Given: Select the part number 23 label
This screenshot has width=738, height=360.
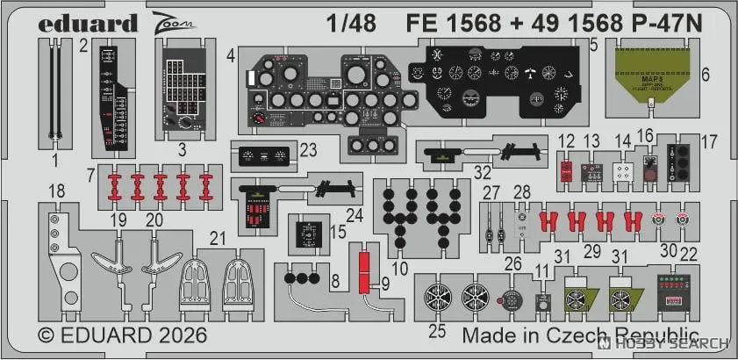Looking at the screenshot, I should coord(308,150).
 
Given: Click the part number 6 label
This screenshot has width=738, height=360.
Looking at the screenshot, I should coord(706,76).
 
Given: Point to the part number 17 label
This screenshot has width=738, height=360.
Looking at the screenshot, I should coord(708,140).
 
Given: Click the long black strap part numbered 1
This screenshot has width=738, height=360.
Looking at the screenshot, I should coord(54,92).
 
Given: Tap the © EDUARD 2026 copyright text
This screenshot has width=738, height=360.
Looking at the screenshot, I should coord(122,336).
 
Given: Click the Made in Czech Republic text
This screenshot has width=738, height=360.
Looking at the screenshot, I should coord(579,336).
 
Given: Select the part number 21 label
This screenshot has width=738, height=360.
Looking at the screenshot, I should coord(219,236).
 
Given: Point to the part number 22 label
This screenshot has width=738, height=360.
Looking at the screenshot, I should coord(690,254).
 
